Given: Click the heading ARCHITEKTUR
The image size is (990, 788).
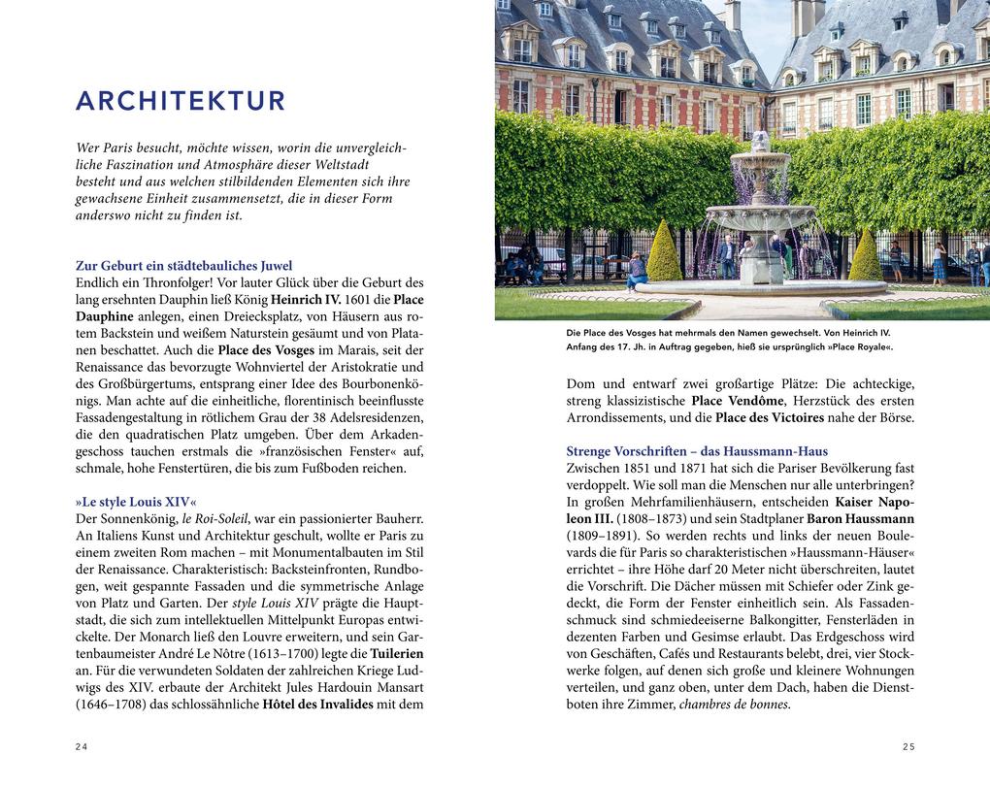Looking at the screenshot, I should coord(181,101).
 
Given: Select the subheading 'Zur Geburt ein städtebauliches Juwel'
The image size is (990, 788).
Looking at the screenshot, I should coord(183,265).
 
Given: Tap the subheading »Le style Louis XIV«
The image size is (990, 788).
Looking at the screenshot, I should coord(136,502).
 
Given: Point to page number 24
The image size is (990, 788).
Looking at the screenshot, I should coord(82,746).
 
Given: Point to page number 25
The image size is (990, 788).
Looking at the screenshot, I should coord(907,746).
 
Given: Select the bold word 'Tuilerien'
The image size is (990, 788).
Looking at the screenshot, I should coord(397,653).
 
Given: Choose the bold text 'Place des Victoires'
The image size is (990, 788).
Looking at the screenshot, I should coord(770,417).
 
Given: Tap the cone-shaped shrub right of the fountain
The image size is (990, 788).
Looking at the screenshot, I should coord(864,256).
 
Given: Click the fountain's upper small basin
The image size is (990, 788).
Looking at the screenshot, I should coord(760,157).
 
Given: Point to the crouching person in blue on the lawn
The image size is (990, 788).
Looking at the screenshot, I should coord(637,272).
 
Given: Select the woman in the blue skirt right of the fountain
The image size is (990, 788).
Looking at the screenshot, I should coord(939,262).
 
